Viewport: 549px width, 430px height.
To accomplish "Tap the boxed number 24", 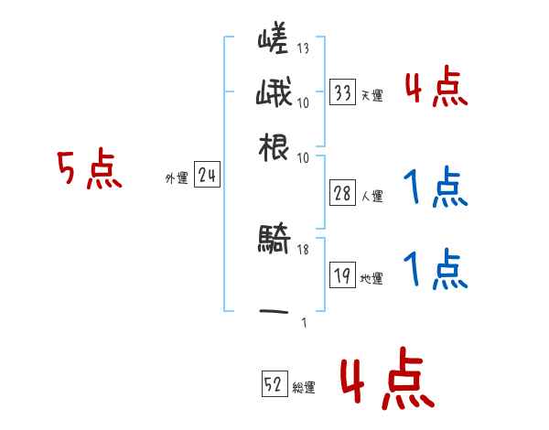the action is point(207,176).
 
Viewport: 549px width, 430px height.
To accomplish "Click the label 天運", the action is point(371,95).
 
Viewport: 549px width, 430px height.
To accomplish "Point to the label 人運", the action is point(371,196).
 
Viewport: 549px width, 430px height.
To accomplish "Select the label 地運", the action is point(371,278).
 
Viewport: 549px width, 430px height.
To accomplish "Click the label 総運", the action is point(304,387).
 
